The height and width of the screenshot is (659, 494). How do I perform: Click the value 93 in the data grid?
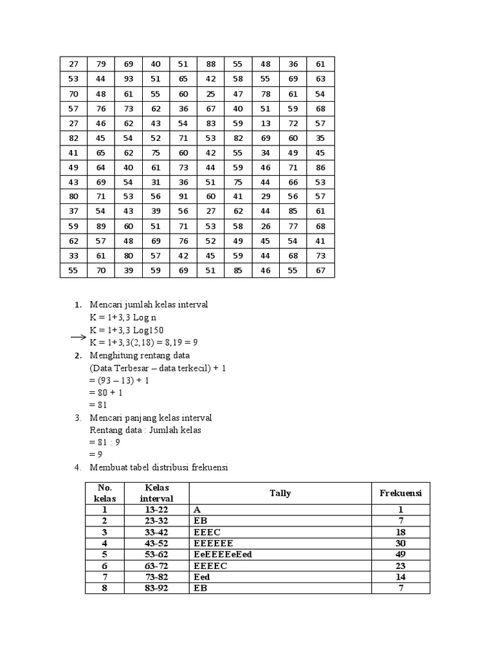[129, 79]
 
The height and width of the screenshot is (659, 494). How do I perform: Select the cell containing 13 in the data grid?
[266, 123]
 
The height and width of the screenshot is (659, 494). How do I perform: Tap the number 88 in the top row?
[211, 64]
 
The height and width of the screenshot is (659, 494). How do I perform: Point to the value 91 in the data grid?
[183, 196]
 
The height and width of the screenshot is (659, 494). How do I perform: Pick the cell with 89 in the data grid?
[101, 226]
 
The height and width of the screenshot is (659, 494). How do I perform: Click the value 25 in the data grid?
[211, 93]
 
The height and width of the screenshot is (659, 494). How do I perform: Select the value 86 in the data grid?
[320, 167]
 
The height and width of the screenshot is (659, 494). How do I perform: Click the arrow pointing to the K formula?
[78, 337]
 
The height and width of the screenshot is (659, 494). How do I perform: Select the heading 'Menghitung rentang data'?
[140, 355]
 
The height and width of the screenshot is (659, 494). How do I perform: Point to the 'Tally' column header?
[280, 493]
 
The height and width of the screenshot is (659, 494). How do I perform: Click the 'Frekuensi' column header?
[401, 493]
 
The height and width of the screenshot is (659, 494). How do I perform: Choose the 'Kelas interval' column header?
[156, 493]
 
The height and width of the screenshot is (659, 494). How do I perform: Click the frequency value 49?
[401, 554]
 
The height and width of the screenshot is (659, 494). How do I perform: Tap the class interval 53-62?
[156, 554]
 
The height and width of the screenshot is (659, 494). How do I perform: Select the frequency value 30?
[401, 543]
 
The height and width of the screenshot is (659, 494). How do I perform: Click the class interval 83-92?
[156, 588]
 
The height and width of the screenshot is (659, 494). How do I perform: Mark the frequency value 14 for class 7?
[401, 577]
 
